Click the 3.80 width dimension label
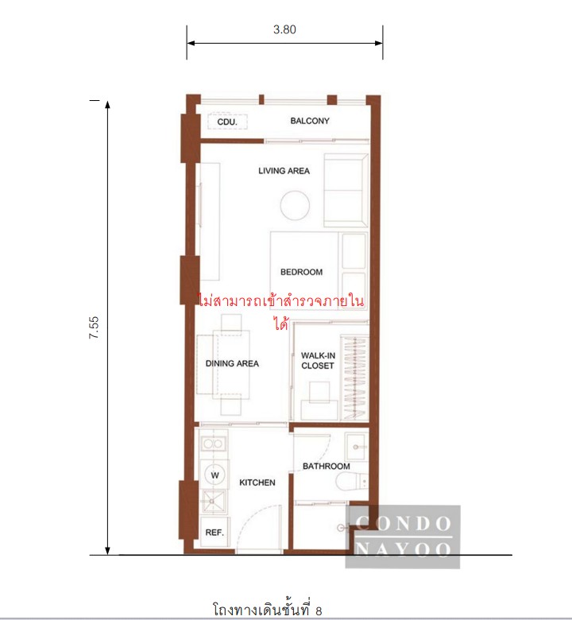(x=284, y=29)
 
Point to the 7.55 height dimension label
(x=94, y=327)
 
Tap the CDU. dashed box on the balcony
(x=227, y=122)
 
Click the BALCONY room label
(x=310, y=121)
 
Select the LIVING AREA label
(x=284, y=171)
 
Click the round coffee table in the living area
(x=295, y=205)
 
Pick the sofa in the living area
(x=346, y=190)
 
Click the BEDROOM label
(x=301, y=272)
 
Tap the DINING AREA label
(x=232, y=364)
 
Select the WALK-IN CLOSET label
(x=318, y=361)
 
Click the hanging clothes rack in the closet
(x=354, y=378)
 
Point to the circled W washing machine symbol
(x=214, y=475)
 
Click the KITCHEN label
(x=257, y=482)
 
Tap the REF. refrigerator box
(x=214, y=533)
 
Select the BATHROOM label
(x=327, y=467)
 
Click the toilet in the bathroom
(x=352, y=481)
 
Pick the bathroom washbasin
(x=357, y=447)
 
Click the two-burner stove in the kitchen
(x=214, y=444)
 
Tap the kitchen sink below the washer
(x=214, y=502)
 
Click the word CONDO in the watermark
(x=404, y=524)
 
